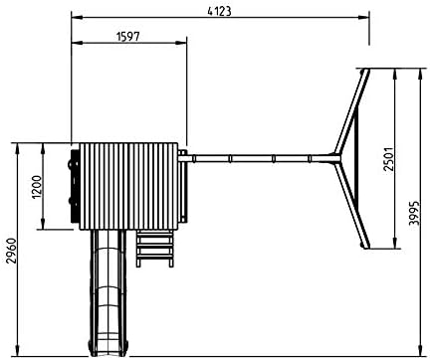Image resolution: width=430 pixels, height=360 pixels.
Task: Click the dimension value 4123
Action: [x=219, y=11]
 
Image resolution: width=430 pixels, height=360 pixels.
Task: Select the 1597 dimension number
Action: [x=128, y=36]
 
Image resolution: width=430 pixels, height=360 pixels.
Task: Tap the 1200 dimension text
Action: [x=38, y=187]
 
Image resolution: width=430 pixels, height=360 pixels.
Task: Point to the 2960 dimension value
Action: [x=12, y=251]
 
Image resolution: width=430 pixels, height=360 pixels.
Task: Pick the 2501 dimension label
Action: [x=388, y=159]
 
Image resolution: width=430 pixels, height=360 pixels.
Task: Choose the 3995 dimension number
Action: [x=414, y=213]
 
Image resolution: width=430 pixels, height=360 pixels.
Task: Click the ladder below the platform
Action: [x=155, y=249]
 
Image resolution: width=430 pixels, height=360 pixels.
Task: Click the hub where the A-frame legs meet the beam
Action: [x=335, y=159]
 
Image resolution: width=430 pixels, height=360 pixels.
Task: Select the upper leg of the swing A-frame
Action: [x=351, y=111]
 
